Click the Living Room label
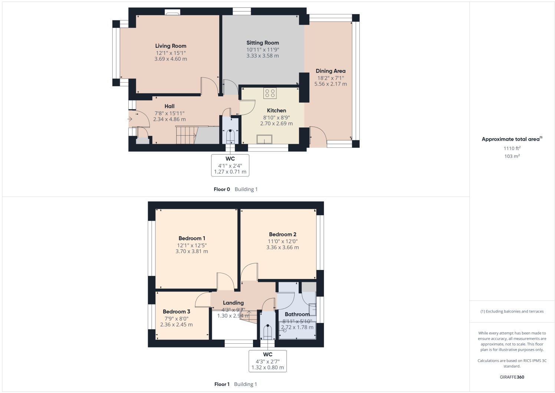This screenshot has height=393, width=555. (x=171, y=46)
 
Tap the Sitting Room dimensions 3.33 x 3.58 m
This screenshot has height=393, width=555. (x=263, y=56)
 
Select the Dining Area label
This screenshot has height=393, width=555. (x=331, y=71)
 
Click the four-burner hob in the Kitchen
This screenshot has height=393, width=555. (x=270, y=93)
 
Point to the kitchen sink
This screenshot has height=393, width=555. (x=264, y=139)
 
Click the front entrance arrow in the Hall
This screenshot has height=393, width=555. (x=130, y=119)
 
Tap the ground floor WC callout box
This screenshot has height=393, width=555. (x=230, y=165)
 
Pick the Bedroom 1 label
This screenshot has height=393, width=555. (x=192, y=238)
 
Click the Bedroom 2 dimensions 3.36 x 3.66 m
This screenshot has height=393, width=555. (x=282, y=247)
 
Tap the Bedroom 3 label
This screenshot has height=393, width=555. (x=177, y=312)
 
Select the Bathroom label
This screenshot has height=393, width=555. (x=297, y=314)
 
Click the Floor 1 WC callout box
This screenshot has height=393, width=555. (x=267, y=361)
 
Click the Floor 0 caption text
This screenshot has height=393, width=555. (x=222, y=189)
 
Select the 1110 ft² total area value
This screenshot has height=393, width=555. (x=512, y=148)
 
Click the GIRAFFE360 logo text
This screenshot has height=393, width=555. (x=512, y=377)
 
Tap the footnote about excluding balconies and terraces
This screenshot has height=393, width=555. (x=512, y=312)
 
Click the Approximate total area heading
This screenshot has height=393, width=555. (x=511, y=139)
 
